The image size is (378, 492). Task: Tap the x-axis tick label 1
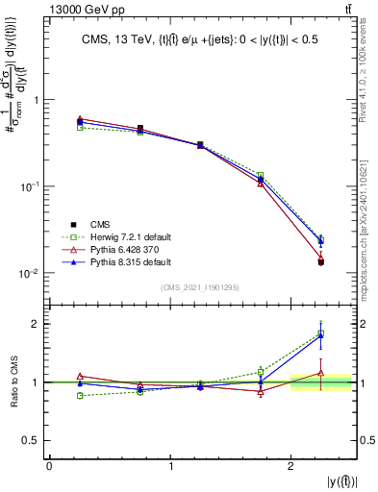pyautogui.click(x=171, y=466)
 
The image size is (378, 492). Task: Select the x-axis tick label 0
pyautogui.click(x=50, y=466)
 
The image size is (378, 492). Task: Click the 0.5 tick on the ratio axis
pyautogui.click(x=33, y=440)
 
